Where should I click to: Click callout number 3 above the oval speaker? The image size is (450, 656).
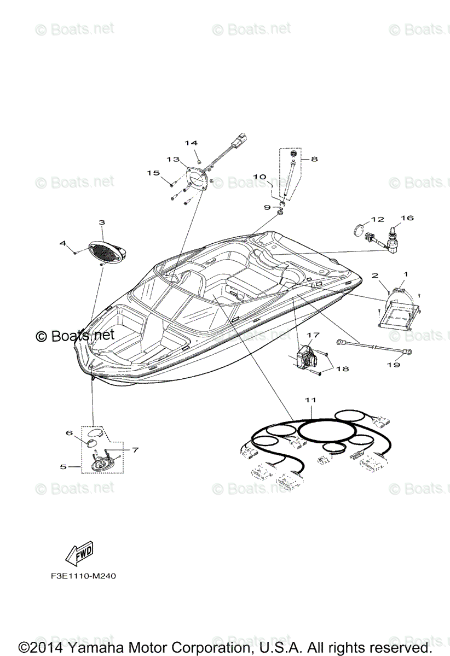101,222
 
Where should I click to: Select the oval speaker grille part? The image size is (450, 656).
105,252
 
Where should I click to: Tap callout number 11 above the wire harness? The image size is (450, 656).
310,400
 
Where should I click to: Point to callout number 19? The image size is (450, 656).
393,365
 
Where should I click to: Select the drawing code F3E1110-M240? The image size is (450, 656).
80,576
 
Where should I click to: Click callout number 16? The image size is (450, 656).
407,218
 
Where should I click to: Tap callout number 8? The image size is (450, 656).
314,159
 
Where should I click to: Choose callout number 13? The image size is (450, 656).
173,159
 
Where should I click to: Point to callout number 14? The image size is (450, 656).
190,143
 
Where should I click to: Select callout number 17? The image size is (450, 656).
313,335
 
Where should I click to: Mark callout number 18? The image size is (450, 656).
342,369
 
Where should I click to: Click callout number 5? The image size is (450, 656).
64,466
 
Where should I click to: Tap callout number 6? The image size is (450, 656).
70,432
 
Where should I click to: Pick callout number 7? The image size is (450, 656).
135,449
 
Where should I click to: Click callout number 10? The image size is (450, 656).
259,177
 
